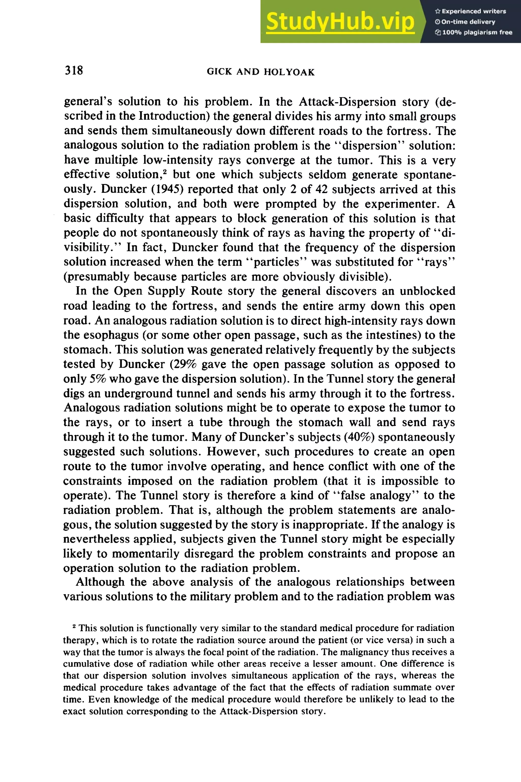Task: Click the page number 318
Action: (x=74, y=71)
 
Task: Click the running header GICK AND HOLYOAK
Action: (x=260, y=72)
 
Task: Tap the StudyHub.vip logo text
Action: (x=340, y=22)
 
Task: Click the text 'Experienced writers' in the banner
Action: (x=473, y=11)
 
